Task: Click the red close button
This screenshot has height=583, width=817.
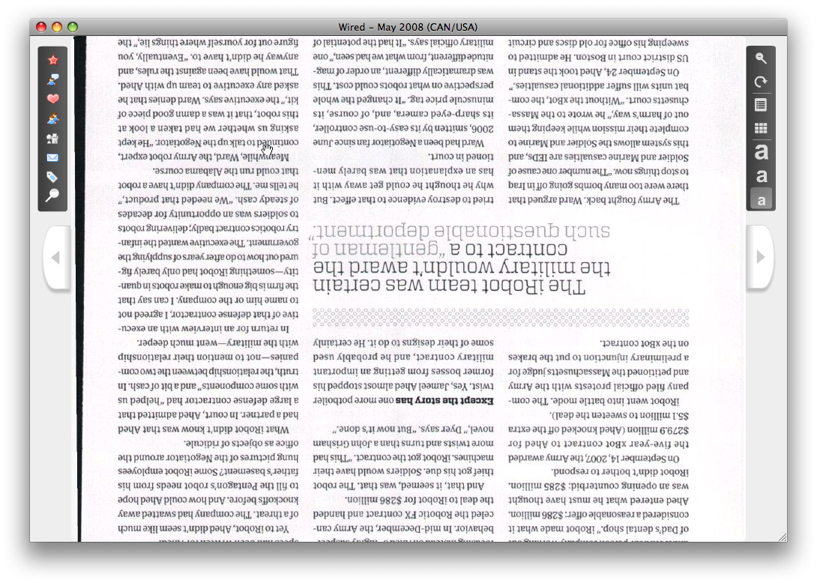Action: tap(41, 27)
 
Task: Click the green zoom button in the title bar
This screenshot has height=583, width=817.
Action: tap(73, 27)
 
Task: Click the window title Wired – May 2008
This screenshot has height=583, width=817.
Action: tap(408, 27)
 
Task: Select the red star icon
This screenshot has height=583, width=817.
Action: tap(52, 60)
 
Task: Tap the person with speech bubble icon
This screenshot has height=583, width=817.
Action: tap(52, 79)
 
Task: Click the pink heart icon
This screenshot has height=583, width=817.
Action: tap(52, 99)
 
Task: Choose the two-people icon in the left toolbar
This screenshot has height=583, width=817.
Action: tap(52, 118)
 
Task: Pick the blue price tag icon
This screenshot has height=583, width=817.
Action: tap(52, 177)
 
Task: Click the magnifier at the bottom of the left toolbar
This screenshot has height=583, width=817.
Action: tap(52, 196)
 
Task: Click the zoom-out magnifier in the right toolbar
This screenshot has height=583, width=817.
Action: tap(761, 58)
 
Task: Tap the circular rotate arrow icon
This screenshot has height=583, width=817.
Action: tap(761, 82)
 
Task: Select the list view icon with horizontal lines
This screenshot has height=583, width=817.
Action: tap(761, 105)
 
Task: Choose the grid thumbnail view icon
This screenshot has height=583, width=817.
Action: tap(761, 129)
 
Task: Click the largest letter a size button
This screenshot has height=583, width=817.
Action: tap(761, 152)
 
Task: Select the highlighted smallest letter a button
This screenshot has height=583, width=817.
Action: tap(761, 199)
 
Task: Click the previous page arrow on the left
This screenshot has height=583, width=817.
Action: tap(55, 257)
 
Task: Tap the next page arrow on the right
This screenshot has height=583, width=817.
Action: tap(761, 257)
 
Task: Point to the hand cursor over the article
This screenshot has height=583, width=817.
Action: tap(268, 149)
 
